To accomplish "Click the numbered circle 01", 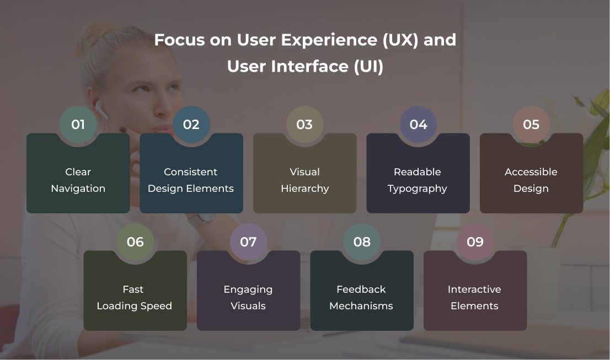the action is tap(78, 125).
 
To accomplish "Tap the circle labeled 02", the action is tap(191, 125).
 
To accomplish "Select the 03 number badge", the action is tap(304, 125).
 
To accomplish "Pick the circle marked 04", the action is tap(418, 125).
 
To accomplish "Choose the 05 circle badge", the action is tap(532, 125).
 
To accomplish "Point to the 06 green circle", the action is tap(135, 242).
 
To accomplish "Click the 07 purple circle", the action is tap(249, 242).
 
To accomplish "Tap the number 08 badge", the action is tap(362, 242).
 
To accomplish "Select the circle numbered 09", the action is tap(475, 242).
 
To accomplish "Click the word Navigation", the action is tap(78, 189).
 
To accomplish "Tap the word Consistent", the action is tap(191, 172).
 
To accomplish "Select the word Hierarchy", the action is tap(305, 189).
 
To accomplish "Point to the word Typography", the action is tap(418, 189).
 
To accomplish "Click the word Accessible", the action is tap(531, 172).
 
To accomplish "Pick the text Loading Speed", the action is tap(134, 306).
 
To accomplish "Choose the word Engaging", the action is tap(248, 289).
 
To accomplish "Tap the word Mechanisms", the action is tap(361, 306).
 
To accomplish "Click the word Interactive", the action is tap(475, 289).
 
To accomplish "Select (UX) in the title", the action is tap(400, 40).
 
